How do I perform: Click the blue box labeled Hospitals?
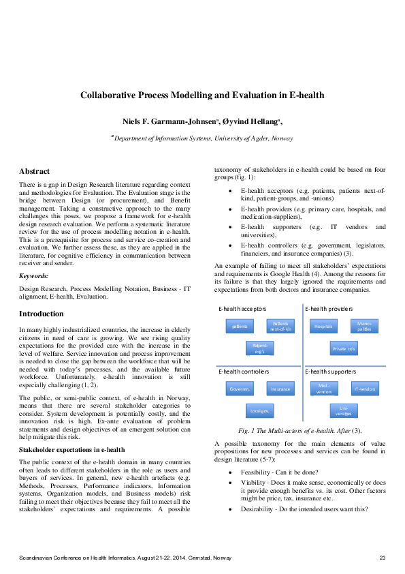pos(323,327)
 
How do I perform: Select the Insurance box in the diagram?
pos(281,389)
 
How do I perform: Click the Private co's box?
pos(344,349)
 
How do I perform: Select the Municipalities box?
pos(364,327)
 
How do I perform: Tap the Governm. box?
pos(240,389)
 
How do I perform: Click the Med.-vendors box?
pos(323,389)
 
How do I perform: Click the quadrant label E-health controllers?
pos(244,372)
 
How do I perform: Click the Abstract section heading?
pos(34,171)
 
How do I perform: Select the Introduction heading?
pos(42,314)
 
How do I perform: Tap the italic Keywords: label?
pos(34,275)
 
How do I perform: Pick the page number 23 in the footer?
pos(383,558)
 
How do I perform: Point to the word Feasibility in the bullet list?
pos(256,472)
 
